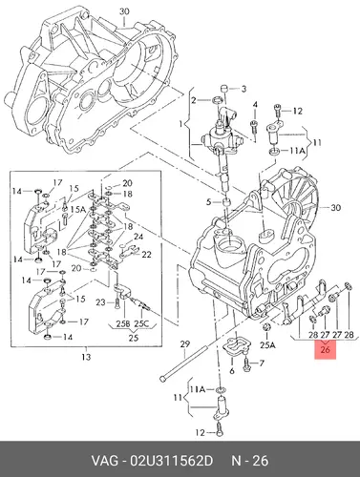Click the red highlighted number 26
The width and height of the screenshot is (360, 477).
(325, 350)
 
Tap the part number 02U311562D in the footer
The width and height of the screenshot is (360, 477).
(171, 461)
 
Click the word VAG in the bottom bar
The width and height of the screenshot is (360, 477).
(103, 461)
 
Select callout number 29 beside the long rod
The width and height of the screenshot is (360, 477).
(184, 344)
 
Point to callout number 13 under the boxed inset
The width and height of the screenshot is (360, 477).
(86, 357)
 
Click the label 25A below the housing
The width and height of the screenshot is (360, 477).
(267, 344)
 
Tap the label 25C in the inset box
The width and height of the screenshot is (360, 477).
(141, 323)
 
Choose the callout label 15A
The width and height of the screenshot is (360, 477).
(78, 210)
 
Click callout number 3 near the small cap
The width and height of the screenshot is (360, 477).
(244, 89)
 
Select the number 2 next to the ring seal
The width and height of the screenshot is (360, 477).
(194, 100)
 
